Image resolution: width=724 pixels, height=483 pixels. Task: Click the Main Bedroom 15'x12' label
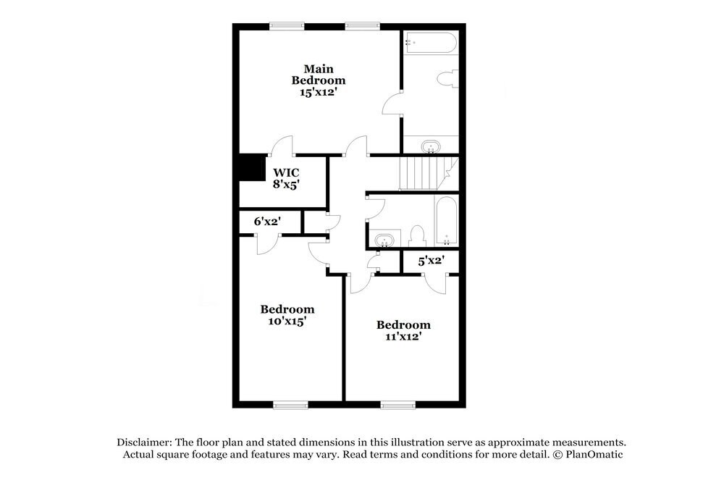click(318, 80)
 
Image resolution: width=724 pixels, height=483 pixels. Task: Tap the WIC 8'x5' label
click(286, 179)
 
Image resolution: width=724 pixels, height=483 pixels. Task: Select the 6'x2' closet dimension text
click(266, 222)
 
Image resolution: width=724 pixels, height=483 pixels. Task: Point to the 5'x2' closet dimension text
click(431, 261)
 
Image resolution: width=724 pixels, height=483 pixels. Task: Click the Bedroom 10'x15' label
click(287, 314)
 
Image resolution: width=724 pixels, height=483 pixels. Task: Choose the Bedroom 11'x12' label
click(403, 330)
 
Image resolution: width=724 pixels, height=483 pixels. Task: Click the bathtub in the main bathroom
click(431, 43)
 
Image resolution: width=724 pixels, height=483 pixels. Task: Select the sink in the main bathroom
click(431, 148)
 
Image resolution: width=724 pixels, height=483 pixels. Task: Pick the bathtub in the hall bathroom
click(446, 221)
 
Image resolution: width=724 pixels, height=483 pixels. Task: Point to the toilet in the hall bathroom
click(416, 235)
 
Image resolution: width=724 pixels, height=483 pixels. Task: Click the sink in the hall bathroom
click(384, 239)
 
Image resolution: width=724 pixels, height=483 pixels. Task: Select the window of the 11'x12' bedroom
click(397, 406)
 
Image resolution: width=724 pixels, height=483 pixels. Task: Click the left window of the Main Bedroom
click(287, 27)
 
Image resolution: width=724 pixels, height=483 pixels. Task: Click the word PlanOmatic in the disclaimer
click(596, 455)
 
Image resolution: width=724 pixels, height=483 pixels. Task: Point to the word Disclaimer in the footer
click(143, 442)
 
